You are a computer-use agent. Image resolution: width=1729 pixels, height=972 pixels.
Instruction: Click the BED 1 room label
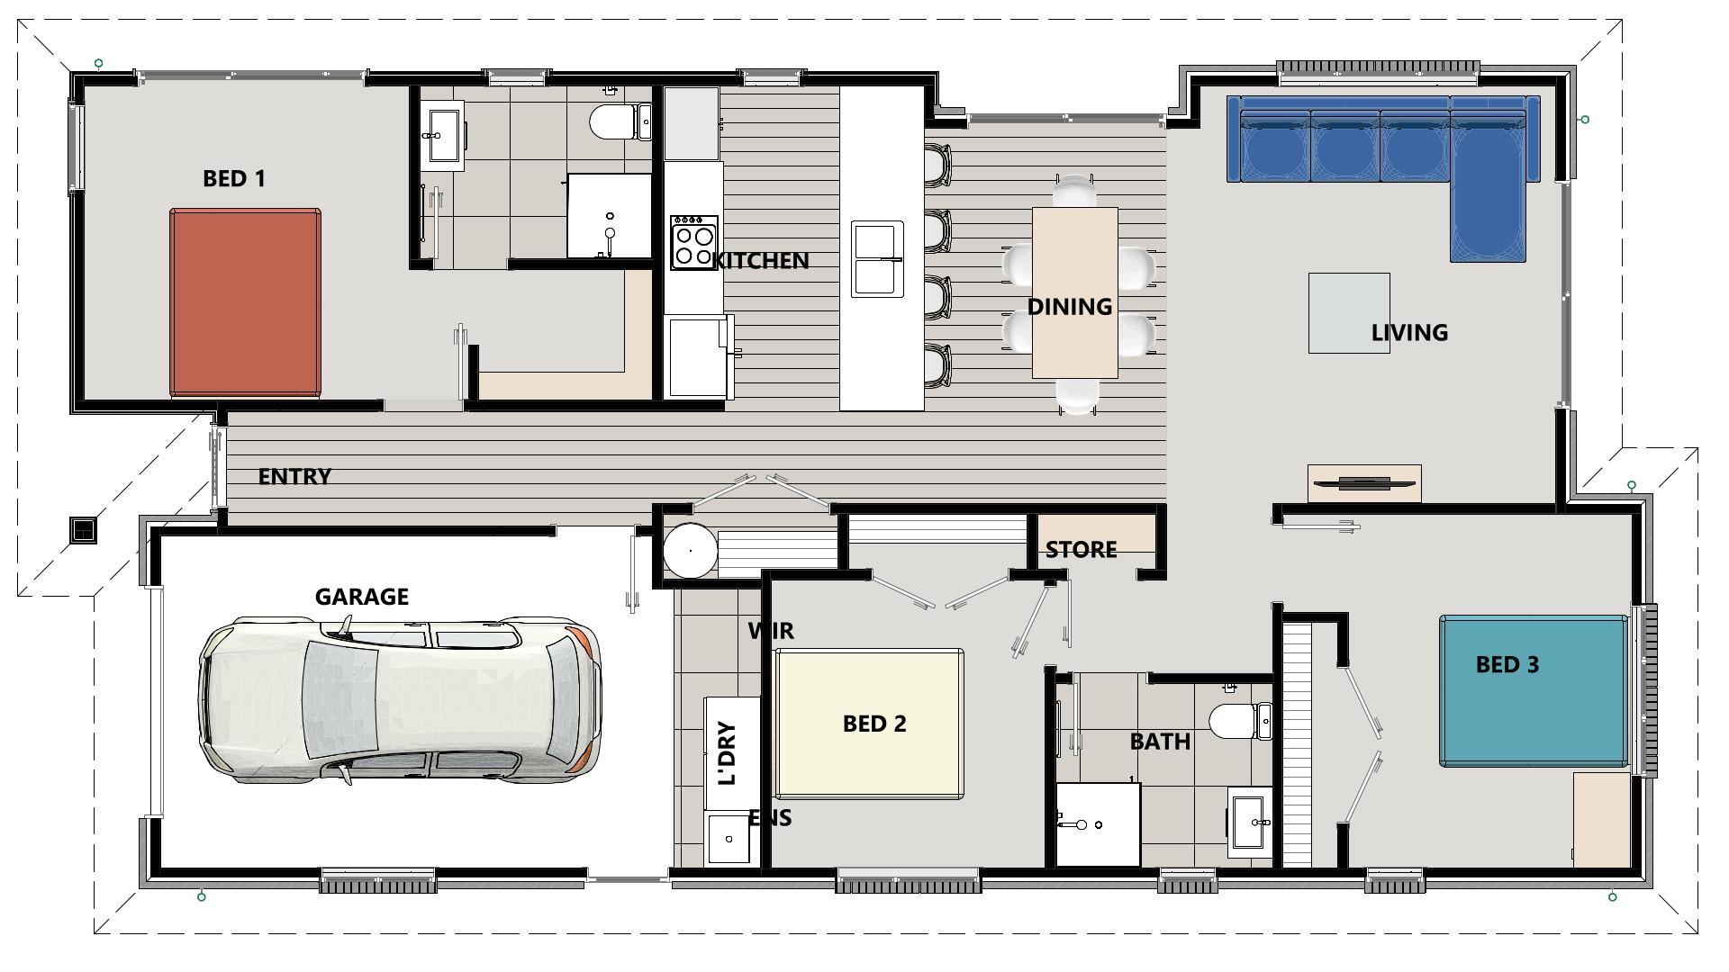(x=234, y=178)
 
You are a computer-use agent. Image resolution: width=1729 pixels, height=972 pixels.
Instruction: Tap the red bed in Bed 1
(x=245, y=302)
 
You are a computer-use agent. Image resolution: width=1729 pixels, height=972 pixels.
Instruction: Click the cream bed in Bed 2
(x=869, y=724)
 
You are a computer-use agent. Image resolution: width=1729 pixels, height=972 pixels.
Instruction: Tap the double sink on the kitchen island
(x=877, y=259)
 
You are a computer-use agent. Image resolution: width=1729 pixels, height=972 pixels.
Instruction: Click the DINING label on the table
(x=1070, y=307)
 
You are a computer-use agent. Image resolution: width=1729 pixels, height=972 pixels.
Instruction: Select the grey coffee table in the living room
(x=1348, y=312)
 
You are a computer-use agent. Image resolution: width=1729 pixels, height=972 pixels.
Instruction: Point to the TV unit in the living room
(x=1363, y=483)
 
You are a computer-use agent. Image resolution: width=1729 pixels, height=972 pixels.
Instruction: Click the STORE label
(x=1081, y=549)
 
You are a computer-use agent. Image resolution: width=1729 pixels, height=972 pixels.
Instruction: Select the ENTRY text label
(x=294, y=476)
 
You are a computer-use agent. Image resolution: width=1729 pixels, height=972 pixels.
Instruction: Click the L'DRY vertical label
(x=729, y=752)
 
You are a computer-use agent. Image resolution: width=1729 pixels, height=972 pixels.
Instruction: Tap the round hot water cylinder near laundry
(x=690, y=549)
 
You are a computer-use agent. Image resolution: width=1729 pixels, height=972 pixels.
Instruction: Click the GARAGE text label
(x=361, y=597)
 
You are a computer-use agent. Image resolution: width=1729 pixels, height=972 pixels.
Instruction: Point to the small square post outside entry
(x=83, y=530)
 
